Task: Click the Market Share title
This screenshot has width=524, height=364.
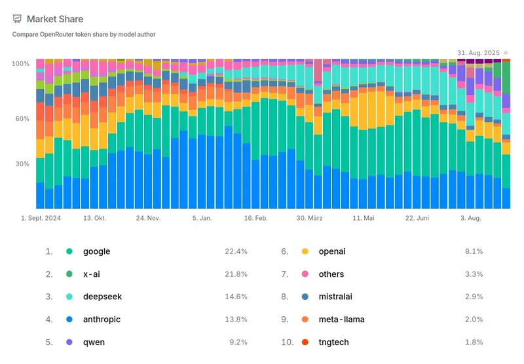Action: (55, 19)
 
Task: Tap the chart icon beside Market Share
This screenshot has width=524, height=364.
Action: (17, 19)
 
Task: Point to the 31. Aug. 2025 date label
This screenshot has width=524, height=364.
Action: (478, 52)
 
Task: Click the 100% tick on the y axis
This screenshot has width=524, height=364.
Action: (20, 64)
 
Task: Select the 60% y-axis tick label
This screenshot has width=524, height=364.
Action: (22, 118)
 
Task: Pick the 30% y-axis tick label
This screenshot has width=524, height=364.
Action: (22, 164)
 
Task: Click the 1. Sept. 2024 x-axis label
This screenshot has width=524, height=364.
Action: (41, 219)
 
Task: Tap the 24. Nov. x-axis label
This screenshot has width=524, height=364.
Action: (149, 219)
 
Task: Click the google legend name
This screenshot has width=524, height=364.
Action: (96, 251)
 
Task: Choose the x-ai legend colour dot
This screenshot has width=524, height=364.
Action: (69, 274)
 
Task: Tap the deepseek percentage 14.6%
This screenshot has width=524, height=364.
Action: (236, 297)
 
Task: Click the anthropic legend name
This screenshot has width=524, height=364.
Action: (102, 319)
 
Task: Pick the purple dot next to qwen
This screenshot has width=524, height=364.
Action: (69, 342)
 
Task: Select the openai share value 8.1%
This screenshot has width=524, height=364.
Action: (474, 251)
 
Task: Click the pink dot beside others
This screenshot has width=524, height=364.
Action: (305, 274)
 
